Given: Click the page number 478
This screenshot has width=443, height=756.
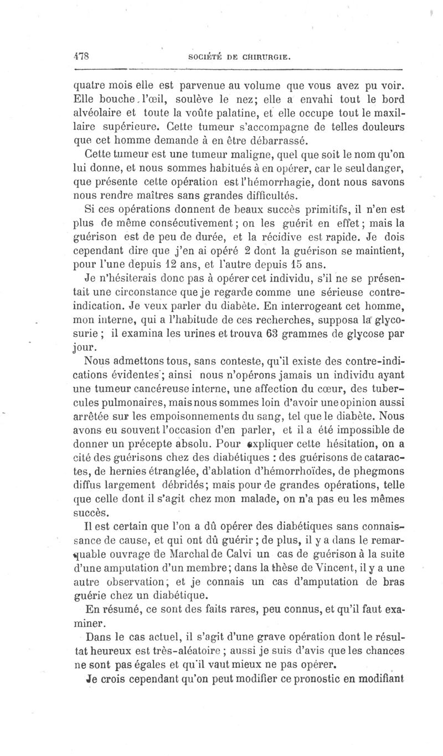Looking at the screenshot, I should [82, 57].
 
